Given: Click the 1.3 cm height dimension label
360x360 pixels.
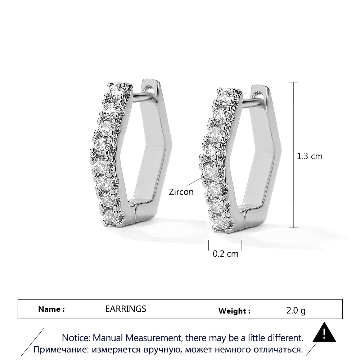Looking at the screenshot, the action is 310,156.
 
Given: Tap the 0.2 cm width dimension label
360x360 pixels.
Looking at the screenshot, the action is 225,254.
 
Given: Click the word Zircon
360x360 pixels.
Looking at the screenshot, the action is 181,192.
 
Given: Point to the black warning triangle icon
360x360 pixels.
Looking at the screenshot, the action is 324,332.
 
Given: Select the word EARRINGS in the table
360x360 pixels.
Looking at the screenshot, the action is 126,309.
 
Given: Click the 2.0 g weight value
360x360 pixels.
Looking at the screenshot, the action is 296,311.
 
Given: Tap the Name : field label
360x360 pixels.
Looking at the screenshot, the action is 51,309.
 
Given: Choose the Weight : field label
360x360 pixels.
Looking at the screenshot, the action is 234,311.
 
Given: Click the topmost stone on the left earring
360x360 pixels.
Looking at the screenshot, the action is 116,90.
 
